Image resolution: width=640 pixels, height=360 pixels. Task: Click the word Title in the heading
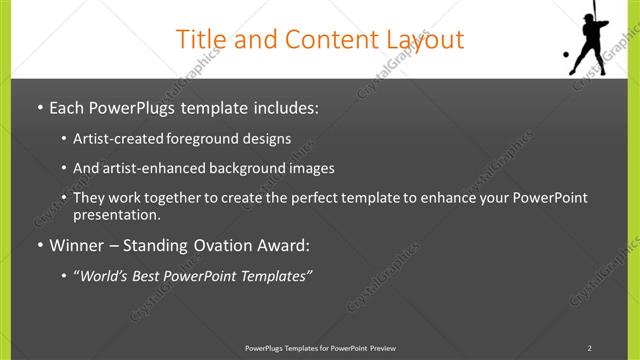[197, 39]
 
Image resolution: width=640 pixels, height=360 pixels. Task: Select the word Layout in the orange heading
[425, 39]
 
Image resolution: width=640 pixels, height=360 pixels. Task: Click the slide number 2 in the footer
[590, 348]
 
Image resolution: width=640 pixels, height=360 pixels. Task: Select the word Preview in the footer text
[382, 348]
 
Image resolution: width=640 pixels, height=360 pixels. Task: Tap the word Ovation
[223, 244]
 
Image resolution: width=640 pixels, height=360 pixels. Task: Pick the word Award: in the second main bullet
[283, 244]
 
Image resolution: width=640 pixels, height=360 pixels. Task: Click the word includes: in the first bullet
[280, 106]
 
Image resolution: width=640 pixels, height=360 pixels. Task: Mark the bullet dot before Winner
[39, 244]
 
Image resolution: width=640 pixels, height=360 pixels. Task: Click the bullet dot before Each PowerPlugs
[39, 106]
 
